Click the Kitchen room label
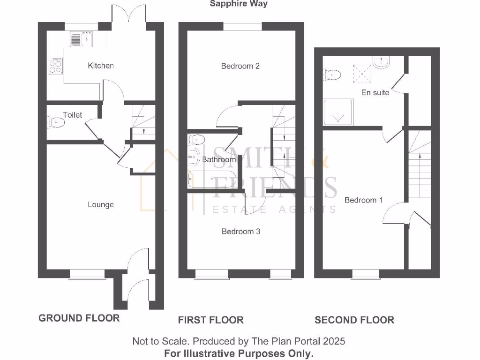[101, 66]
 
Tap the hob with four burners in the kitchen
[55, 66]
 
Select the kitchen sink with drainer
[81, 39]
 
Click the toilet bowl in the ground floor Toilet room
[56, 122]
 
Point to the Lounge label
[101, 204]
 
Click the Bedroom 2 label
[240, 66]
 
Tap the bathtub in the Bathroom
[212, 179]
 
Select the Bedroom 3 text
[241, 232]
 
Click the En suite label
[375, 92]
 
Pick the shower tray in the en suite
[338, 112]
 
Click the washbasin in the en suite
[381, 62]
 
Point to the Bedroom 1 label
[364, 200]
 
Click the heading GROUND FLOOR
[79, 318]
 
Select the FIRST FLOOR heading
[211, 320]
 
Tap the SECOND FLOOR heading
[354, 320]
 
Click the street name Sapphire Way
[239, 4]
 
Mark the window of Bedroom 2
[242, 26]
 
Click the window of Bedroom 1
[366, 274]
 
